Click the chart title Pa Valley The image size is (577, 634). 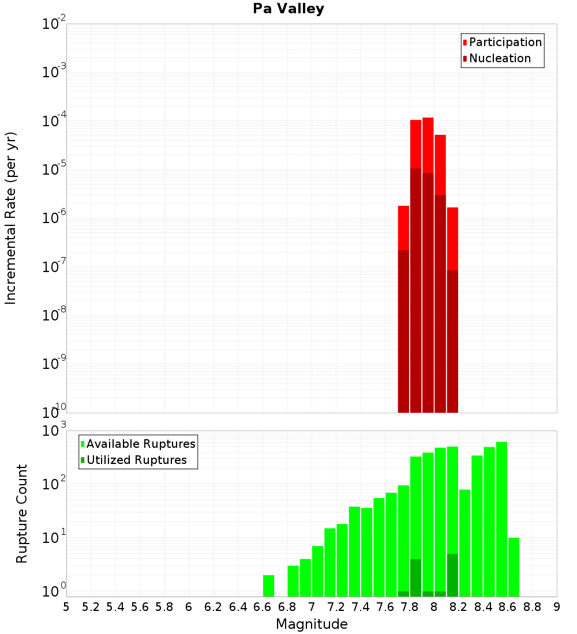288,9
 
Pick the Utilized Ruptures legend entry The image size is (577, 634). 136,460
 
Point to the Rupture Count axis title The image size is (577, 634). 22,514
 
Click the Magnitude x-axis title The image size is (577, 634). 312,624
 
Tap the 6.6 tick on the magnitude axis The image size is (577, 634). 263,606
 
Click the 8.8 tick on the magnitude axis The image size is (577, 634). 533,606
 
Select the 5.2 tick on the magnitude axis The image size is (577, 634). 91,606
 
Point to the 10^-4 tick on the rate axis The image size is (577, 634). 54,121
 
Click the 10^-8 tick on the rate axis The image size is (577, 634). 54,315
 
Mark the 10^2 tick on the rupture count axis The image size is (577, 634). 54,484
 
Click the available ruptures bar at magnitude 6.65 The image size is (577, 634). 268,586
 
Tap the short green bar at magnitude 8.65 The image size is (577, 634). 514,567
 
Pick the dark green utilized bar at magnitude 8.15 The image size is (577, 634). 452,575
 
